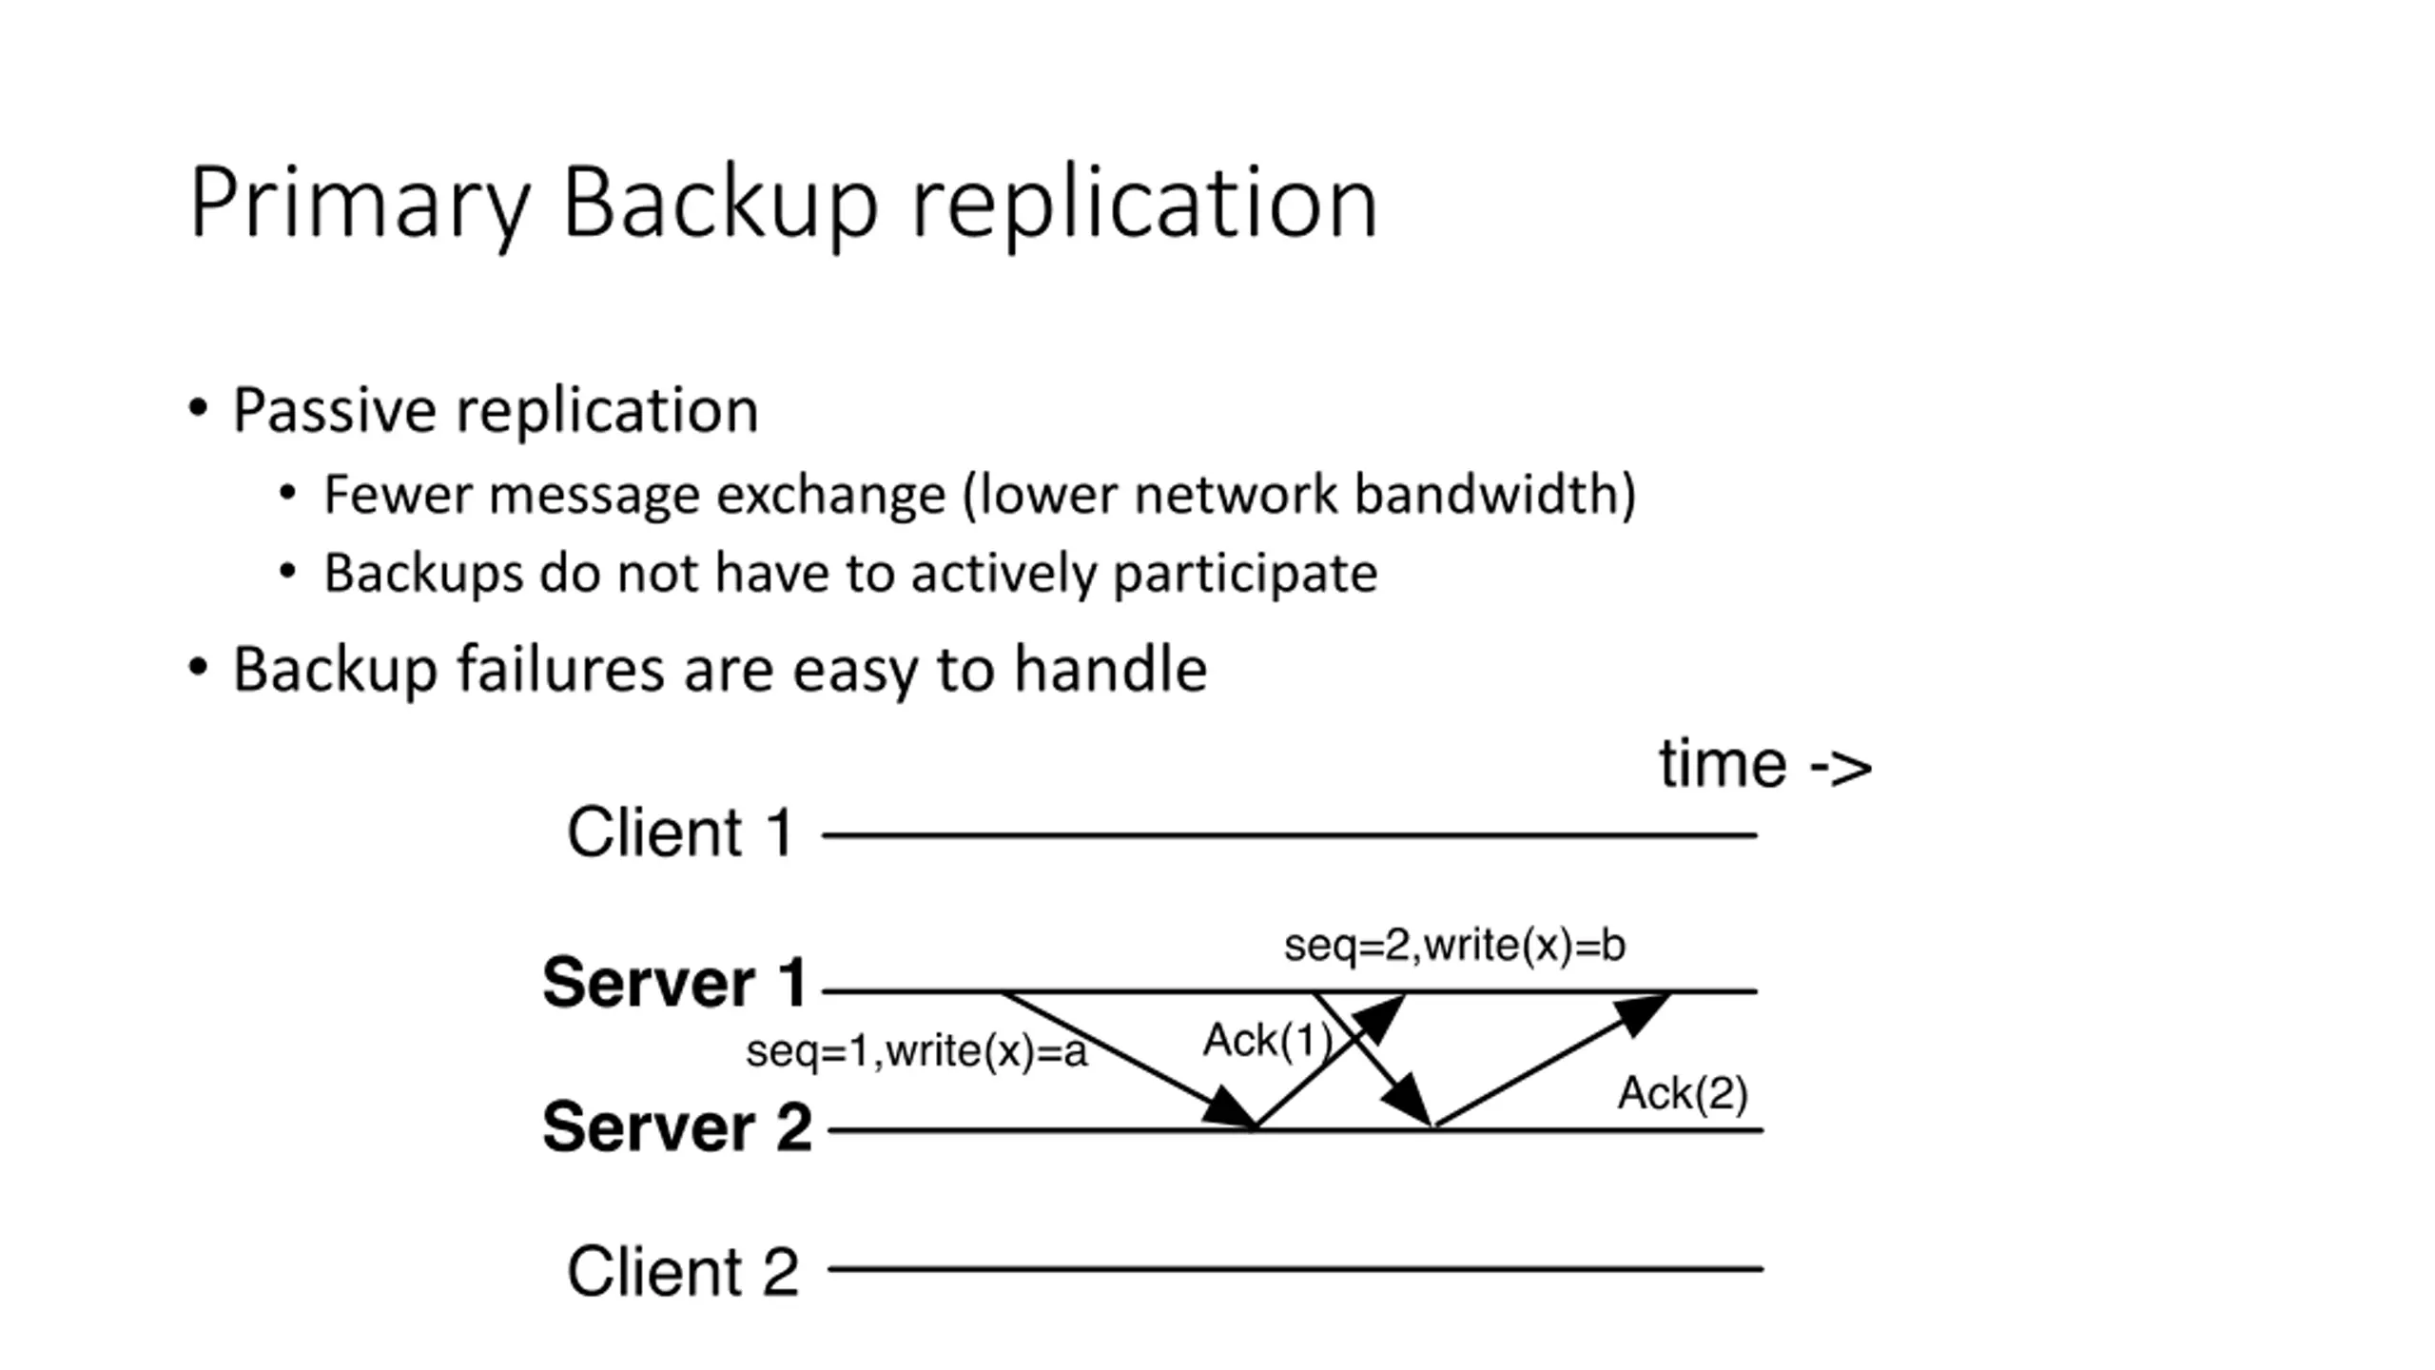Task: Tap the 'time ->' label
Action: [1765, 764]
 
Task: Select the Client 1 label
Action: [680, 832]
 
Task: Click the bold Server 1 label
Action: [675, 982]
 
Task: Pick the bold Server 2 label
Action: [677, 1126]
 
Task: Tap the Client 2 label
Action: [683, 1271]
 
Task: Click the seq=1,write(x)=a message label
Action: [917, 1052]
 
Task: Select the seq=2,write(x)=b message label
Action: [1455, 946]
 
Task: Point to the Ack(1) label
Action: [1268, 1040]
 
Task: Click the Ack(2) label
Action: [1683, 1093]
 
